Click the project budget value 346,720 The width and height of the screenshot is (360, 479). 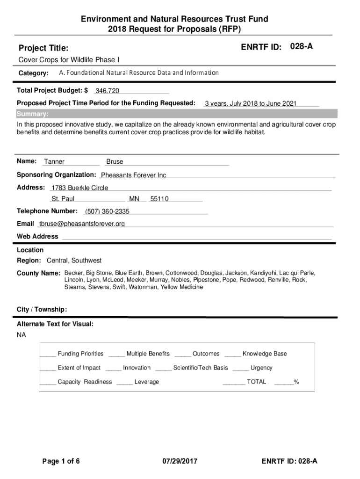point(107,90)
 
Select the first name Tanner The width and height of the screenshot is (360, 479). point(54,162)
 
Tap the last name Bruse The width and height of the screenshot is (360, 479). point(115,162)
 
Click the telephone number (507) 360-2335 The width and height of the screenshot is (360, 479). point(107,211)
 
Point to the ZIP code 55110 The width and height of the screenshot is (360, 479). point(159,199)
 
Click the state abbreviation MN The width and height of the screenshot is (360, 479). point(134,199)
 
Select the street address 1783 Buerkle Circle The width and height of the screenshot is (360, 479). point(79,188)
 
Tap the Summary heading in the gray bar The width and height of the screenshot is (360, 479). point(32,114)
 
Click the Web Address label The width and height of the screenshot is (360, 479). point(37,237)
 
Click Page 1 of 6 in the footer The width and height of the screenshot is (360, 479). point(61,462)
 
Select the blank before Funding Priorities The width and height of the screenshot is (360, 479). point(48,355)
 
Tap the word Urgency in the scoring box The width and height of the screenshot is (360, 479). point(261,368)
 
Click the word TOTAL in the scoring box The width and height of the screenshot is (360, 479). point(256,382)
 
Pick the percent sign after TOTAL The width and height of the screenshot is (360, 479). point(296,382)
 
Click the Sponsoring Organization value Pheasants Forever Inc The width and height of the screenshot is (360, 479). point(133,175)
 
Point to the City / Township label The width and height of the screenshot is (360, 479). point(42,310)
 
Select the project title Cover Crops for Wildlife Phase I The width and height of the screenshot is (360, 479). point(68,60)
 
